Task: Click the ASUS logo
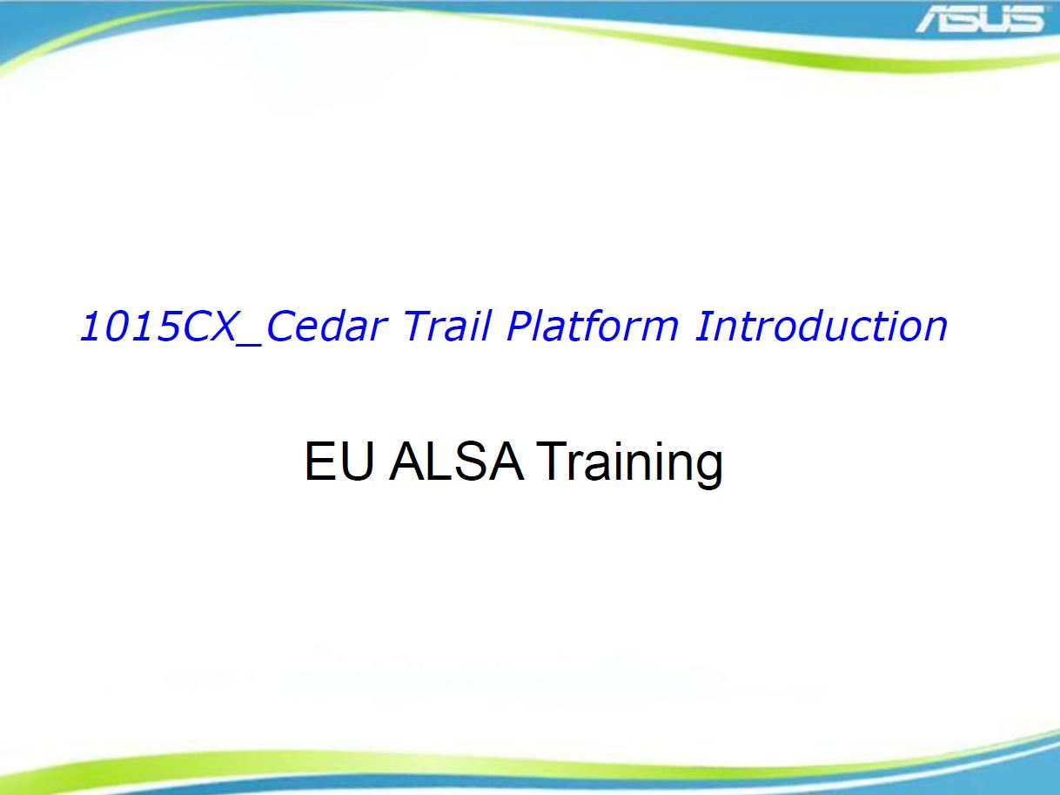tap(980, 19)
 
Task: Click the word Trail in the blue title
tap(446, 326)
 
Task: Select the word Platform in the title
tap(593, 326)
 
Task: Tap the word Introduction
tap(821, 326)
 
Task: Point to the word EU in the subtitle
tap(339, 462)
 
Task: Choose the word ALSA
tap(456, 462)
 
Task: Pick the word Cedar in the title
tap(326, 326)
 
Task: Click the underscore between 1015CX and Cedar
tap(248, 345)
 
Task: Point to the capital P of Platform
tap(520, 326)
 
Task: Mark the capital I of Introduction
tap(702, 326)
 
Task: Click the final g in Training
tap(708, 470)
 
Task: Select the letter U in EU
tap(359, 462)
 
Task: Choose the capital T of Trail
tap(419, 326)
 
